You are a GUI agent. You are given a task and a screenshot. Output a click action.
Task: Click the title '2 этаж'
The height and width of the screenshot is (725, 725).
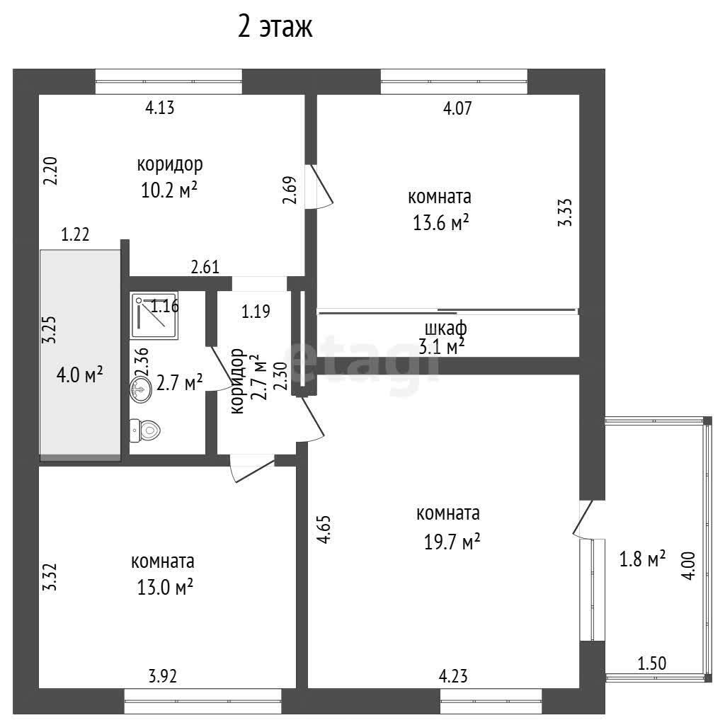(275, 26)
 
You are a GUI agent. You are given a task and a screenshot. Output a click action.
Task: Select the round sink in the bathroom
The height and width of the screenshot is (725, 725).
(141, 389)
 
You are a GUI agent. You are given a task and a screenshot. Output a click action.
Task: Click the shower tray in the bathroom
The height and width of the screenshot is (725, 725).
(154, 315)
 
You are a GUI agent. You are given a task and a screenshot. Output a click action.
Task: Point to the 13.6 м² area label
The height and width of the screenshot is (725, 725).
(440, 223)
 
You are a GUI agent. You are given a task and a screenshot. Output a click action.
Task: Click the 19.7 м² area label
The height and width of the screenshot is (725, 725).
(452, 542)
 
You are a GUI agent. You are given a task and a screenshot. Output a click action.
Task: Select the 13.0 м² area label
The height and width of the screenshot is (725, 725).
(164, 587)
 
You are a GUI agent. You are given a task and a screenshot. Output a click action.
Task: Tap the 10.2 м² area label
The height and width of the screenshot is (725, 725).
(169, 190)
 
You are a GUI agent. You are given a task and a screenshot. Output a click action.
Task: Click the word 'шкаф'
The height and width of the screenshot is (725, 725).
(446, 329)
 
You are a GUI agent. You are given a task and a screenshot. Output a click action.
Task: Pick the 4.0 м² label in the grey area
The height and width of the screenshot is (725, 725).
(79, 375)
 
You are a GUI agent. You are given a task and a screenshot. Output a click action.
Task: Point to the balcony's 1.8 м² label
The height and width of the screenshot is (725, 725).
(642, 559)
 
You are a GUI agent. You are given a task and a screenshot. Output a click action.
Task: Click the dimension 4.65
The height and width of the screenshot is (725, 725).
(324, 530)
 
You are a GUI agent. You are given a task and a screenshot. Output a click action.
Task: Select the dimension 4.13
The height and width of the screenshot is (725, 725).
(160, 108)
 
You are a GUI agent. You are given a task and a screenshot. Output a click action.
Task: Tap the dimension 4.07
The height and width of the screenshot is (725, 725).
(457, 108)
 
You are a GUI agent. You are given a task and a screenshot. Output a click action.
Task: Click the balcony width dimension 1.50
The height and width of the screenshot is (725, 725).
(652, 663)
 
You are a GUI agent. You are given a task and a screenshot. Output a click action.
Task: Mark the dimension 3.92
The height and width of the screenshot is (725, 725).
(163, 676)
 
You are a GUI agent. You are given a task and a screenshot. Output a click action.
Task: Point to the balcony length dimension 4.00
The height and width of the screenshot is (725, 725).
(688, 566)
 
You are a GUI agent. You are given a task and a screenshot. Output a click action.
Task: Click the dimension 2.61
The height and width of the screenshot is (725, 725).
(205, 267)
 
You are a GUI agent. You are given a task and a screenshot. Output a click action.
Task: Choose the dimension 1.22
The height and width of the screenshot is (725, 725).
(75, 234)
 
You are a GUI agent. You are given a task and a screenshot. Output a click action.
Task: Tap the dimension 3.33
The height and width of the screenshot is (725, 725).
(565, 212)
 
